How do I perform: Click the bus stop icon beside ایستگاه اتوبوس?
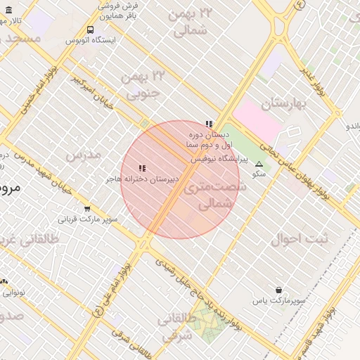click(90, 30)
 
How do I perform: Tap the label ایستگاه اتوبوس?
click(90, 40)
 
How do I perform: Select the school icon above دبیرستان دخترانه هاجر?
click(142, 168)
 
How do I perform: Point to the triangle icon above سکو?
click(259, 163)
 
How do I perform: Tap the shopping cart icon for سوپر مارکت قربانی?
click(87, 208)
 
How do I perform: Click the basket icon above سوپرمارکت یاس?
click(279, 290)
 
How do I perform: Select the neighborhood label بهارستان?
click(285, 105)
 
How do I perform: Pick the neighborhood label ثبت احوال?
click(300, 239)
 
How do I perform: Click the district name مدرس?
click(83, 154)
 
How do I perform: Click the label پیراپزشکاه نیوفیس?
click(219, 160)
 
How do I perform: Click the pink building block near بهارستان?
click(258, 117)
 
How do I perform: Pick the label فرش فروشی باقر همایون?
click(119, 9)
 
